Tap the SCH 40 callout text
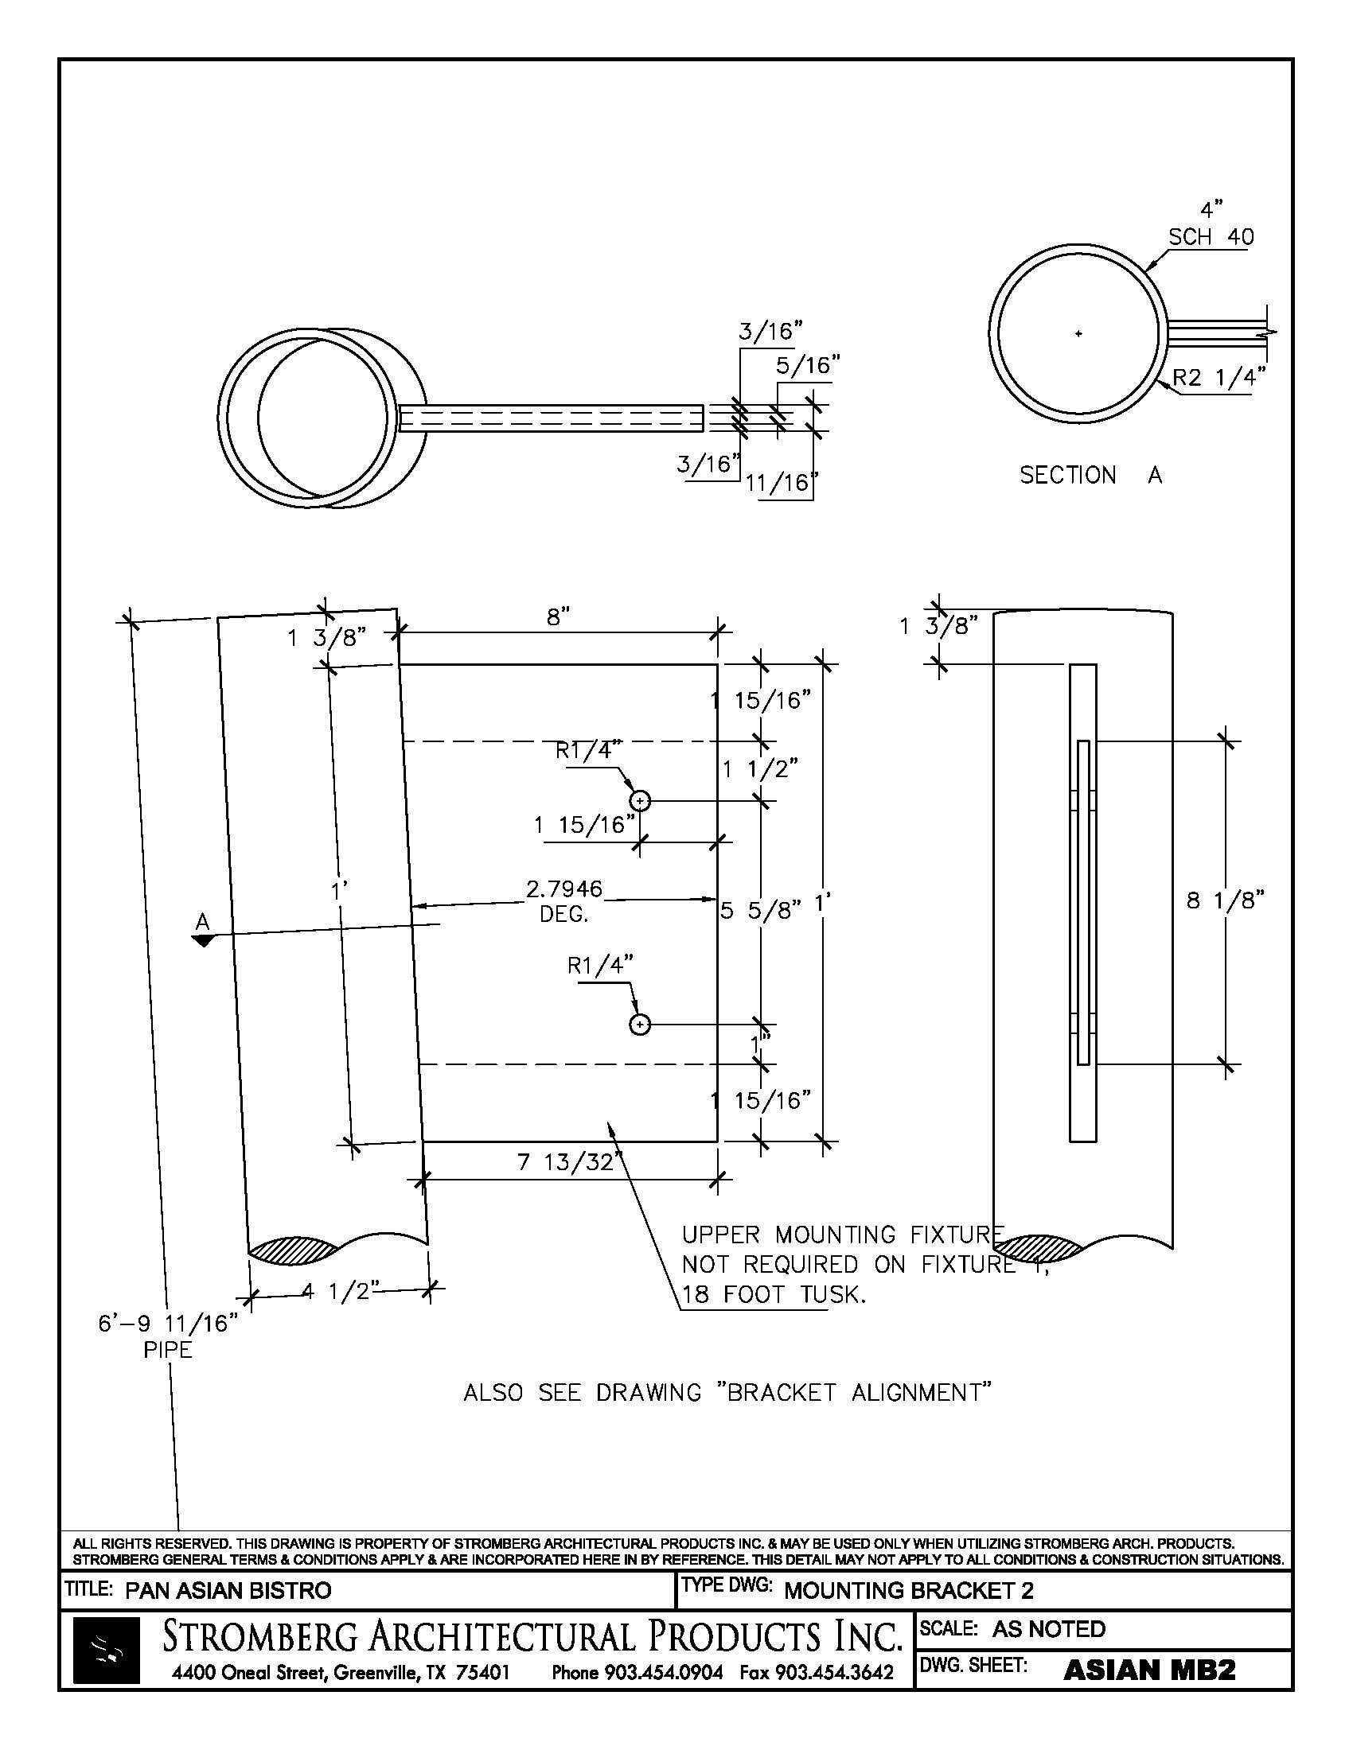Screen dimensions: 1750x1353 [x=1211, y=237]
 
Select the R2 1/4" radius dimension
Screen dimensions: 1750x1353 [x=1219, y=376]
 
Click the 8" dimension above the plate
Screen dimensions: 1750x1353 [x=558, y=617]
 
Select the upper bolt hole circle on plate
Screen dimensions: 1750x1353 [x=640, y=800]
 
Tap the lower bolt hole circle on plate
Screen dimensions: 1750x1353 [x=640, y=1024]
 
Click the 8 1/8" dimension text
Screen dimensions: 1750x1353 [x=1225, y=900]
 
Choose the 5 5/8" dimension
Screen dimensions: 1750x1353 [x=760, y=910]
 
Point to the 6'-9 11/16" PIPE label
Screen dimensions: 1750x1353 [x=168, y=1336]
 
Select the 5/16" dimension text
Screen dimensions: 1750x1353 [x=807, y=365]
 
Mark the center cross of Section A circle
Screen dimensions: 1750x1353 [x=1078, y=333]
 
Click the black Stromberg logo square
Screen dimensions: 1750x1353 [x=106, y=1649]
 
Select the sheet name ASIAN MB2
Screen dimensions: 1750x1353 [x=1148, y=1670]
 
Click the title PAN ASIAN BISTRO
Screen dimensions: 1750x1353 [x=228, y=1591]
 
